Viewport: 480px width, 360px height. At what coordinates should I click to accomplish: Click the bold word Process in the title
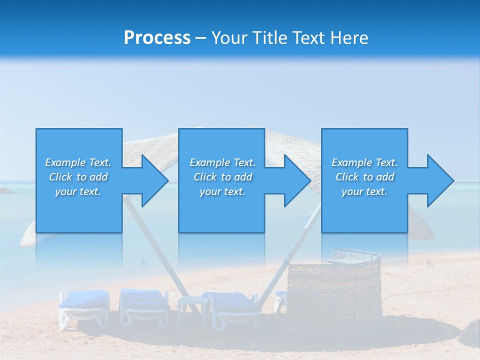click(x=157, y=38)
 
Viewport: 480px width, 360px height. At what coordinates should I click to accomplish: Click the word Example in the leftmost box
click(x=65, y=162)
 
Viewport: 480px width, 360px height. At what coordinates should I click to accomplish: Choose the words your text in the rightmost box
click(x=364, y=191)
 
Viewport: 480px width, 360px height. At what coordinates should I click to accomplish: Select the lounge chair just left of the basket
click(x=232, y=307)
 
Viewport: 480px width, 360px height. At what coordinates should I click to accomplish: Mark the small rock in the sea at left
click(x=5, y=190)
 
